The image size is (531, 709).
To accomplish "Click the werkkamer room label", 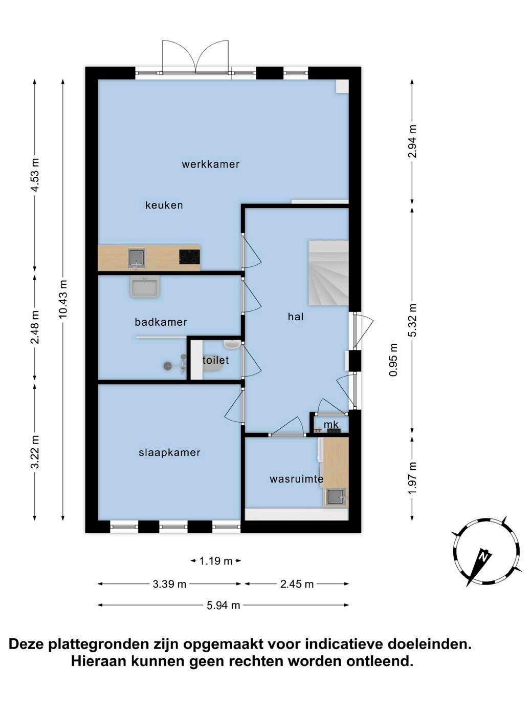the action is [x=210, y=164].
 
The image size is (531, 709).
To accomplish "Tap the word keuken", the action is [x=164, y=205].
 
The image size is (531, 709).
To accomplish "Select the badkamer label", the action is [x=161, y=322].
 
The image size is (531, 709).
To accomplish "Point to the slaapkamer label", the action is [x=170, y=453].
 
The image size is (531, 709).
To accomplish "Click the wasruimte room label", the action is [x=296, y=479].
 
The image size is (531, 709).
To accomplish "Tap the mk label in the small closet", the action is [x=331, y=425].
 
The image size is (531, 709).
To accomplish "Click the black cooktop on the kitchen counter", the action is [x=189, y=257].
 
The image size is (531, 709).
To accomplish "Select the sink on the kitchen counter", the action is [x=137, y=258].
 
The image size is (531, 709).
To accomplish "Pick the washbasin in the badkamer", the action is [x=145, y=286].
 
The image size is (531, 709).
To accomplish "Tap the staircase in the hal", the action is [x=328, y=273].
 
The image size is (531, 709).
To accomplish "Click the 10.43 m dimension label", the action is [x=63, y=299].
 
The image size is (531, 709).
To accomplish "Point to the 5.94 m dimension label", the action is [x=224, y=605].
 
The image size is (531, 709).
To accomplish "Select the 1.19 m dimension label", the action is [x=216, y=561].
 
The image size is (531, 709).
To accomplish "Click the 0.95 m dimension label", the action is [x=394, y=360].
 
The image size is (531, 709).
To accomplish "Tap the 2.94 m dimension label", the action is [x=412, y=141].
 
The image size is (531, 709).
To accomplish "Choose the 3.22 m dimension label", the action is [x=35, y=451].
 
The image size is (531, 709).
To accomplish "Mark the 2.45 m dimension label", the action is [x=297, y=584].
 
